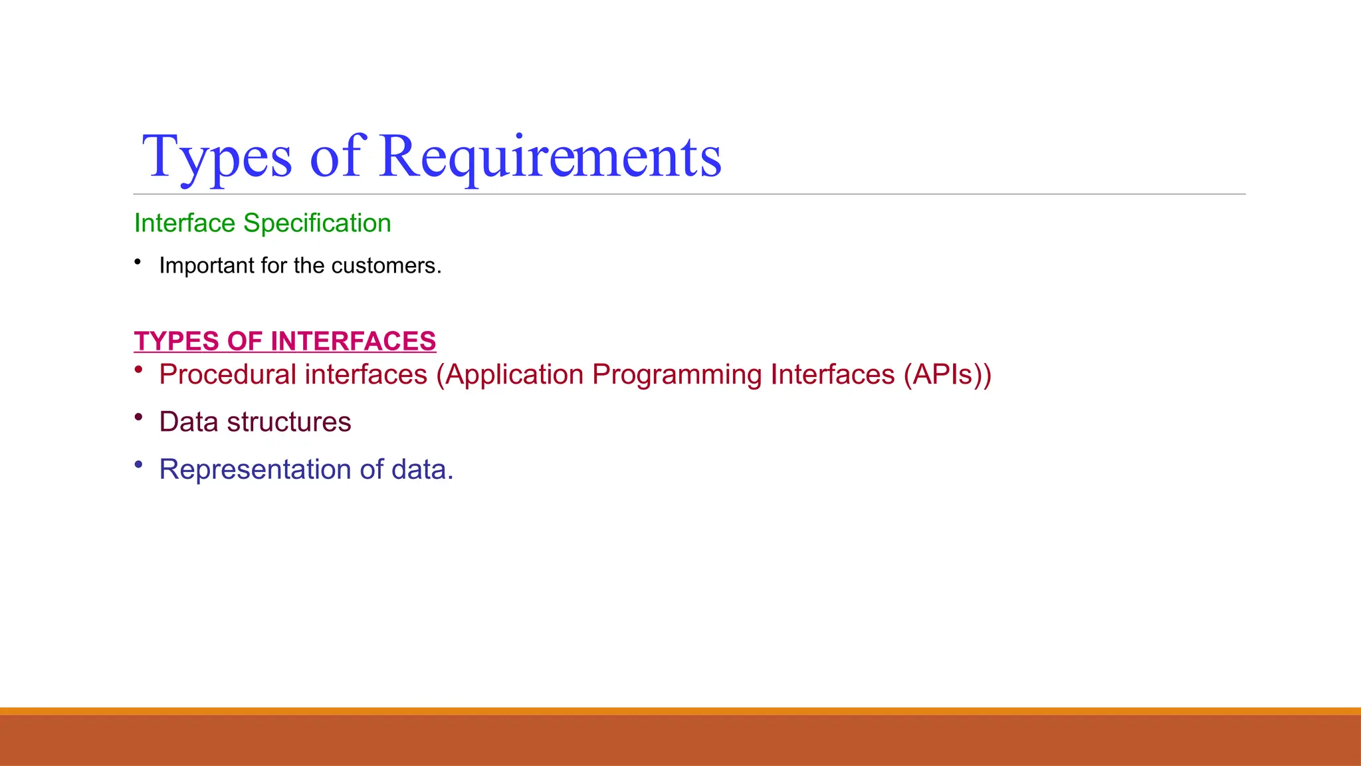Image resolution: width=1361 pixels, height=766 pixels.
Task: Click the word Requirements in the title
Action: pyautogui.click(x=550, y=157)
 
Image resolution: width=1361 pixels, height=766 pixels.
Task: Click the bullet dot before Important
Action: pyautogui.click(x=138, y=262)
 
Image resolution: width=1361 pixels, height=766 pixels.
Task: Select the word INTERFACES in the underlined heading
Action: pyautogui.click(x=353, y=341)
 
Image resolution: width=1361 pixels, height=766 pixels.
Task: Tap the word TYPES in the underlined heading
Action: pyautogui.click(x=176, y=341)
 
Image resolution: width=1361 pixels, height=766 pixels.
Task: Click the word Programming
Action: pyautogui.click(x=677, y=375)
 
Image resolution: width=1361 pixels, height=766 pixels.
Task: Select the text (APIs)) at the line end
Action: pyautogui.click(x=947, y=375)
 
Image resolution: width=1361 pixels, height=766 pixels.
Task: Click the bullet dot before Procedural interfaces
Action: pyautogui.click(x=138, y=370)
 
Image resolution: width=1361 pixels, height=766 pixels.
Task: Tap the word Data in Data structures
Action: pyautogui.click(x=189, y=422)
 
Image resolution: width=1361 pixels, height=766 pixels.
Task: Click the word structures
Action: pyautogui.click(x=289, y=422)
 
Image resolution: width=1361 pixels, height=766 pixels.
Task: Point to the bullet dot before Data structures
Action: pyautogui.click(x=138, y=417)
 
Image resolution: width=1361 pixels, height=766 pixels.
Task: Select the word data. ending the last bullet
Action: pyautogui.click(x=422, y=470)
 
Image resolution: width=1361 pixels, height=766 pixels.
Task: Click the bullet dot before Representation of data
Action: pyautogui.click(x=138, y=464)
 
